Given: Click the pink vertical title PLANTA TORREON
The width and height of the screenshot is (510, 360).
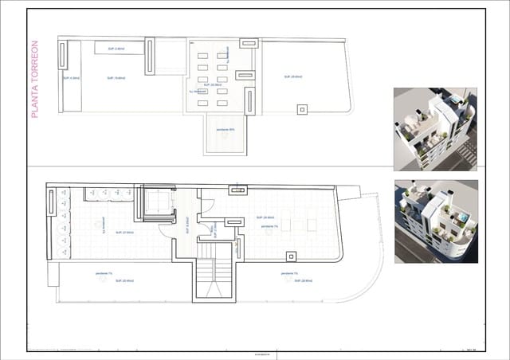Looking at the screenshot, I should [34, 80].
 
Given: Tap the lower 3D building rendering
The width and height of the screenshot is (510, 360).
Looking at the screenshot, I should [435, 221].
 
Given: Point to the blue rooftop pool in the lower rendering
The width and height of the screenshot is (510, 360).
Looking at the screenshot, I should [462, 217].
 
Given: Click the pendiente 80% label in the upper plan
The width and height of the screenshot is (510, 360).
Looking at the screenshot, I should [226, 130].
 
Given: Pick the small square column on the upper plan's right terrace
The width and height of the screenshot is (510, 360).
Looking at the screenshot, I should [302, 110].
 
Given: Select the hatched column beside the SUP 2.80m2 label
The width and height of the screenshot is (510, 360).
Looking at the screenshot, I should [149, 56].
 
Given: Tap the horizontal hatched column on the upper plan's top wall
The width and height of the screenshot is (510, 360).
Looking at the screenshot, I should [245, 75].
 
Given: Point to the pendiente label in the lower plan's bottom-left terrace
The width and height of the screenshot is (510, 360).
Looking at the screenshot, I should [104, 274].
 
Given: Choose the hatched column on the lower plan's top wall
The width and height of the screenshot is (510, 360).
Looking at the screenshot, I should [237, 190].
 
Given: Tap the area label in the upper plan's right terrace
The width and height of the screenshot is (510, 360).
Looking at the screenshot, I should [292, 76].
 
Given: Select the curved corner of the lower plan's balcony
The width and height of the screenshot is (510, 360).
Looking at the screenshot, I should [351, 291].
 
